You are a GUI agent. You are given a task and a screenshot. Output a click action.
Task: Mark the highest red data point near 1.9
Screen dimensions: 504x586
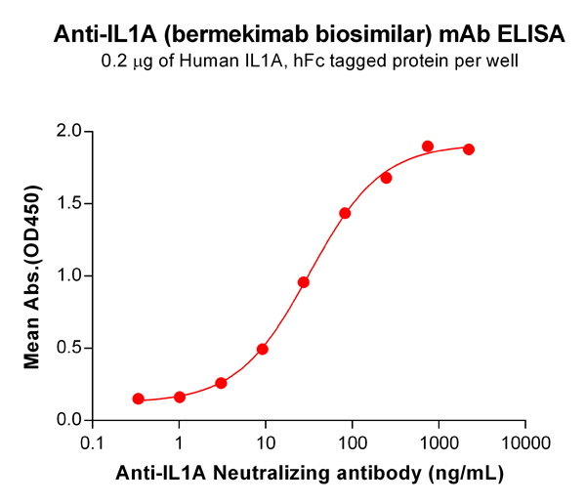[x=428, y=147]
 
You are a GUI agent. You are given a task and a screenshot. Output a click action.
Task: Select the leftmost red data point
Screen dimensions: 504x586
[x=139, y=399]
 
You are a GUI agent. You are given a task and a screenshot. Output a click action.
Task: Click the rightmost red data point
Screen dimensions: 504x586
[x=469, y=149]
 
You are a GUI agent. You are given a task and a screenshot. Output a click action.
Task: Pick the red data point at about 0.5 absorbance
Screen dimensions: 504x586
[x=263, y=349]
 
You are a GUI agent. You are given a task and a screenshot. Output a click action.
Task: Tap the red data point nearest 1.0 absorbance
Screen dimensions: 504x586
[x=304, y=282]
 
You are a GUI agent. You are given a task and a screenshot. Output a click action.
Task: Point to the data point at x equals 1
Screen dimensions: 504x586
[x=180, y=397]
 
